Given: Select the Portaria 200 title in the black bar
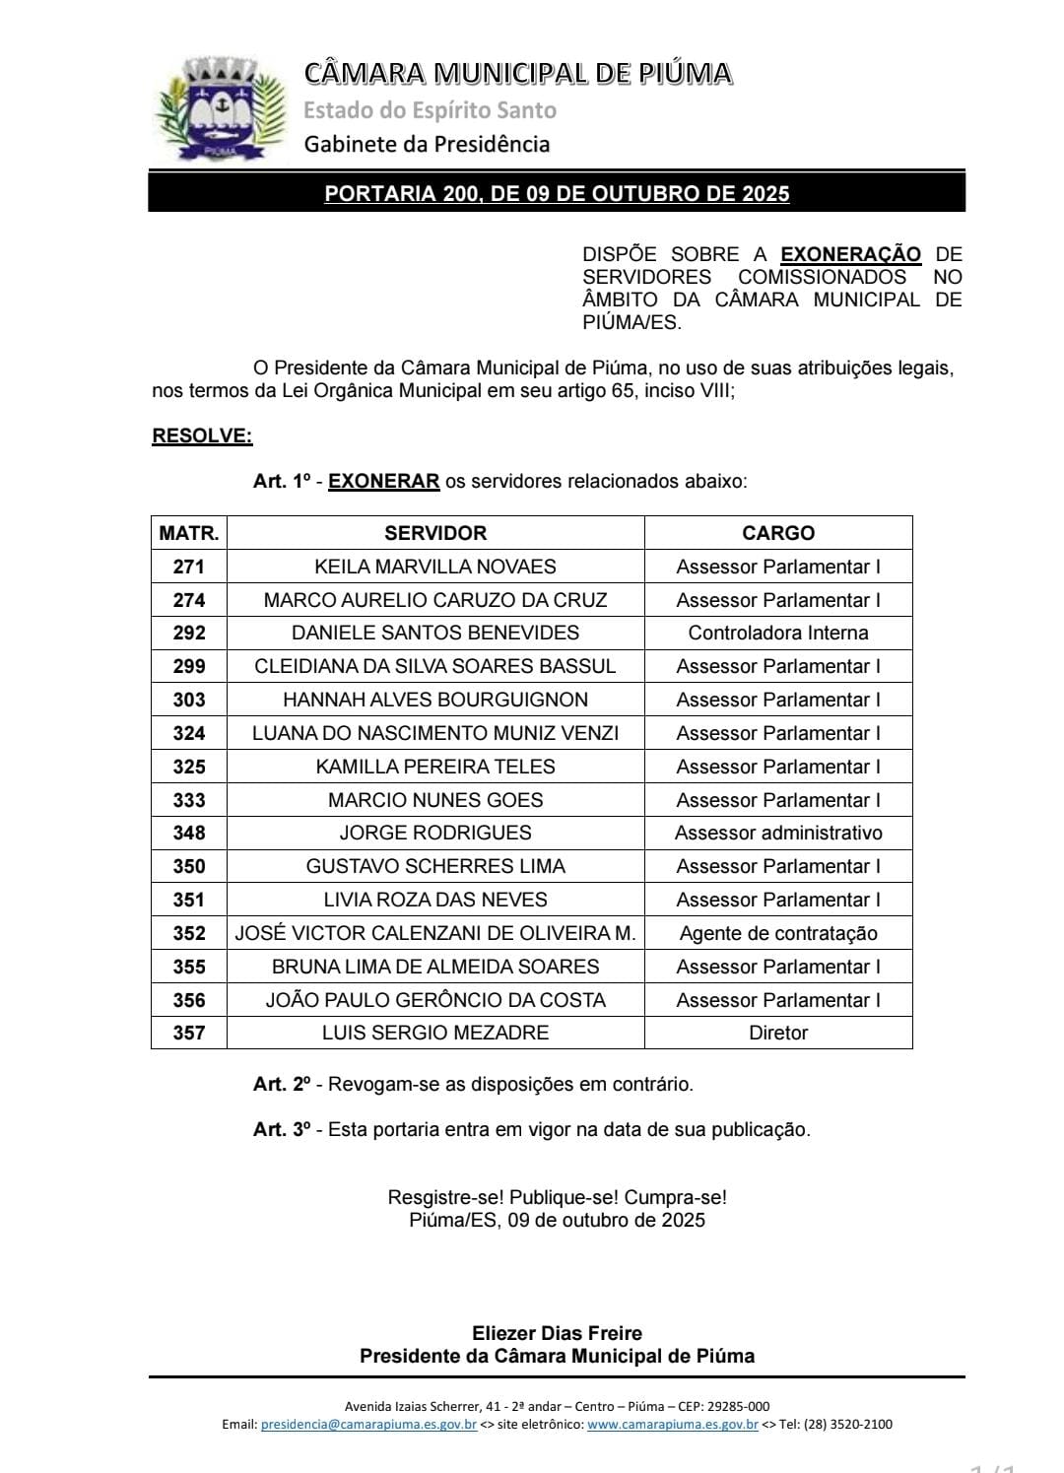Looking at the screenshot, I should [x=557, y=193].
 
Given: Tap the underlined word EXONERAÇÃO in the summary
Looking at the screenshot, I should [x=850, y=254].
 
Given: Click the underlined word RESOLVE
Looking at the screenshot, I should [x=202, y=435].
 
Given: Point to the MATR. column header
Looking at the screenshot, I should [x=188, y=533].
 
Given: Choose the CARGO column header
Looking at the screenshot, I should [x=777, y=533].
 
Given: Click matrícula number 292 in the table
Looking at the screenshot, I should [x=188, y=633].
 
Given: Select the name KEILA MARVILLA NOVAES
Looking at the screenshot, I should [x=434, y=567].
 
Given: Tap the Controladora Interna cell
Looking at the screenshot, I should [x=777, y=633].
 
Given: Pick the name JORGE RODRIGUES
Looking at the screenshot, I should [x=434, y=833].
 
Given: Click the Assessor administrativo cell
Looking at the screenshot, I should [x=777, y=833].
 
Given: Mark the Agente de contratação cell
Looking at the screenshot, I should [x=777, y=933].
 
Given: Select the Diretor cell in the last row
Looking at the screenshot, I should [x=777, y=1033].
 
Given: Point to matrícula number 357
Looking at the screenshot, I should [x=188, y=1033].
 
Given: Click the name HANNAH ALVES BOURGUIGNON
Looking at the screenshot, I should [x=434, y=700].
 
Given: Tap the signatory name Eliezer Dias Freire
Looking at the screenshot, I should [x=557, y=1333].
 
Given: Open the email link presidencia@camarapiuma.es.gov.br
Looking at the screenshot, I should [x=368, y=1424].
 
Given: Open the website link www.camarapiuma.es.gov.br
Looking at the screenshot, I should [x=672, y=1424].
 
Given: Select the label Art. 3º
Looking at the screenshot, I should [x=282, y=1129].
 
